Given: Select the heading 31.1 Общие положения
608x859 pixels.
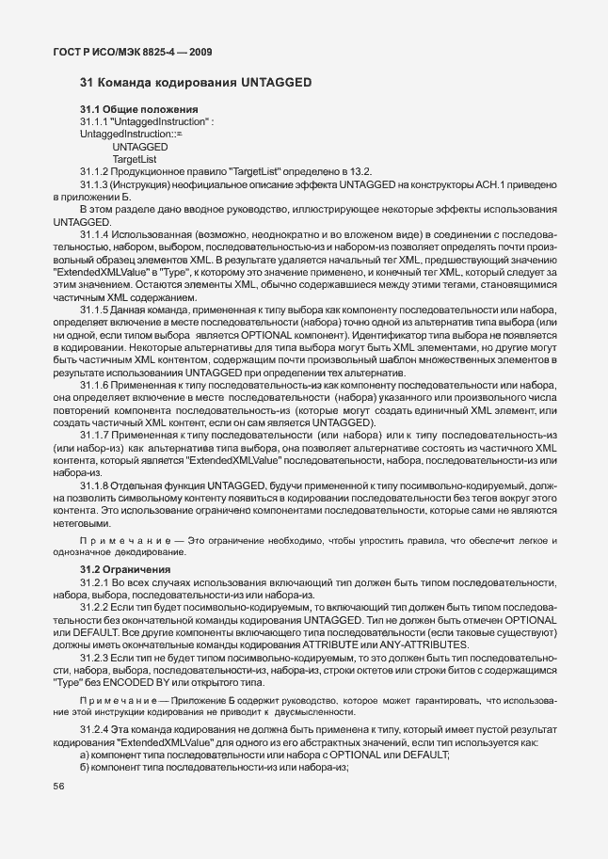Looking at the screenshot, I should tap(137, 110).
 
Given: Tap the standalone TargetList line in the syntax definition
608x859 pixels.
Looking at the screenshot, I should tap(134, 159).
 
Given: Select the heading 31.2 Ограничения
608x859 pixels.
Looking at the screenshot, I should tap(125, 569).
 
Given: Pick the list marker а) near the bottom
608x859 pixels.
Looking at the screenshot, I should tap(85, 756).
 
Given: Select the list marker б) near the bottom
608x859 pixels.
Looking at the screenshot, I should tap(85, 768).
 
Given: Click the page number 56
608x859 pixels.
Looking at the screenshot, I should tap(58, 797).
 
